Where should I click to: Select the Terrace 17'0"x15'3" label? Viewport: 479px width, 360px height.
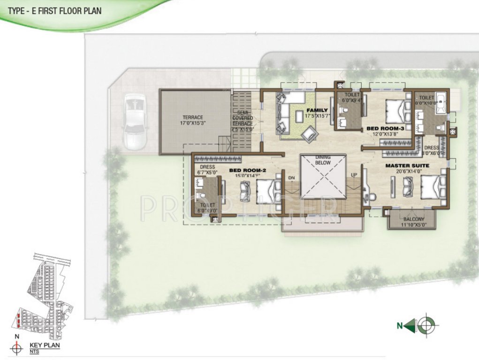click(193, 120)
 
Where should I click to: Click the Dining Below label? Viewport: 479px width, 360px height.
click(323, 160)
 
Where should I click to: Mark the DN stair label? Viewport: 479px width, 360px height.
click(291, 178)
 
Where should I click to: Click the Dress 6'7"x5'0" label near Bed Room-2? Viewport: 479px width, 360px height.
click(207, 170)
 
